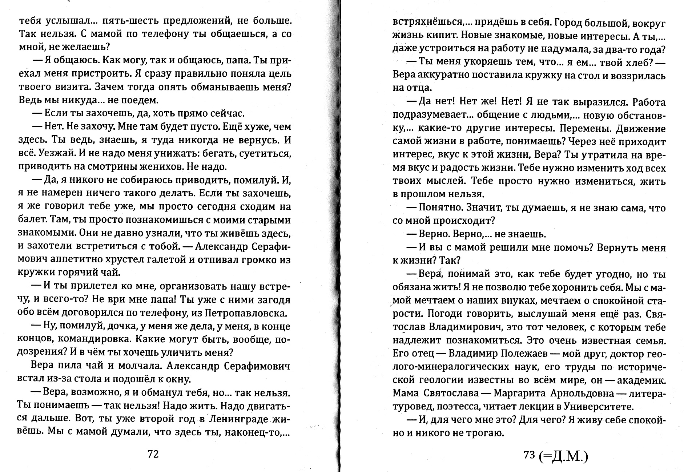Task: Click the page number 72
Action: (x=153, y=454)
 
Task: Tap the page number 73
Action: (x=529, y=454)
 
